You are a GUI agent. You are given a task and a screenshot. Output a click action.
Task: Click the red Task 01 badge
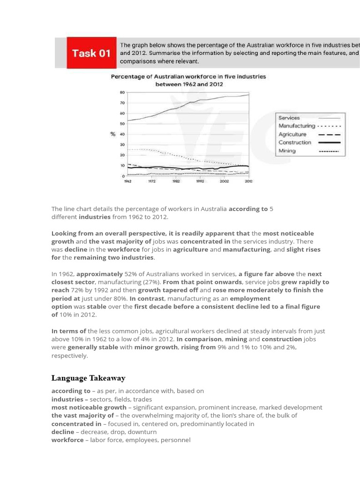coord(91,52)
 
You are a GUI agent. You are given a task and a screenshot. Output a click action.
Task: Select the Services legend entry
coord(289,118)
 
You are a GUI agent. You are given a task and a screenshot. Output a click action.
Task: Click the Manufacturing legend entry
coord(297,126)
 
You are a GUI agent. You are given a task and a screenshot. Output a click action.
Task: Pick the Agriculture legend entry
coord(292,134)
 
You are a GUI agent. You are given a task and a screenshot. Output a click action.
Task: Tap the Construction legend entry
coord(294,142)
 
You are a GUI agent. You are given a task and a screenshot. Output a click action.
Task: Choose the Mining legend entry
coord(287,151)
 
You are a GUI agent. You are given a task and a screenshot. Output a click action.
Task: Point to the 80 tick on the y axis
coord(122,93)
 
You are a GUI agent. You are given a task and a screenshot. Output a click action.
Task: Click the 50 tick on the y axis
coord(122,124)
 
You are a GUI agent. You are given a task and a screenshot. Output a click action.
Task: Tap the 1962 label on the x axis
coord(127,181)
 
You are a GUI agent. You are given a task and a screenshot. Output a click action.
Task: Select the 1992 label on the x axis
coord(200,181)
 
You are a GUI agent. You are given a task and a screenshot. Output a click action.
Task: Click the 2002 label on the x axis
coord(224,181)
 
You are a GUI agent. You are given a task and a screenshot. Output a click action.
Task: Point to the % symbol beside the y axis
coord(113,134)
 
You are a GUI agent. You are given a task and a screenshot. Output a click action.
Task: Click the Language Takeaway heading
coord(88,378)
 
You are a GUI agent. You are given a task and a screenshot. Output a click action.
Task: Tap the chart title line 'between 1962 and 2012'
coord(189,84)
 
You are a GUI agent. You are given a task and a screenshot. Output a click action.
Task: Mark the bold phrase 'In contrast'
coord(146,298)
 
